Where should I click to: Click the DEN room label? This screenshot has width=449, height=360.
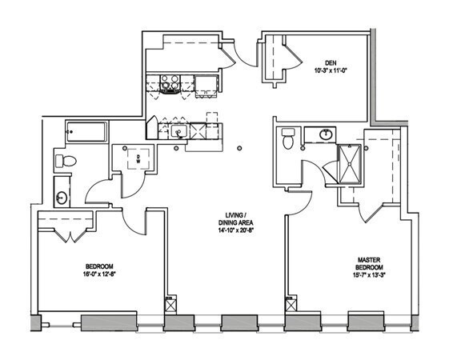pos(331,62)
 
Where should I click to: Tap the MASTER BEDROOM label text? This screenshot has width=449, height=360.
pos(369,264)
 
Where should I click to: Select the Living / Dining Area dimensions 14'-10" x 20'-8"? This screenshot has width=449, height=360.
pos(235,230)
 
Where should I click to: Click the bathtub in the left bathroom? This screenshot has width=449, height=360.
pos(86,132)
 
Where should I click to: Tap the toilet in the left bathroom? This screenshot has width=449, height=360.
pos(66,161)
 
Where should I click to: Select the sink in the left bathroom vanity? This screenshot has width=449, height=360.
pos(62,198)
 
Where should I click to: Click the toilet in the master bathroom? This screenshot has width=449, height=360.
pos(288,138)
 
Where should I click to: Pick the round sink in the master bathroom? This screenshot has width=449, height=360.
pos(326,134)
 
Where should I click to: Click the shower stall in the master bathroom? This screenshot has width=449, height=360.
pos(349,164)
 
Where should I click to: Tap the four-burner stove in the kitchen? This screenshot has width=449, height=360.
pos(170,84)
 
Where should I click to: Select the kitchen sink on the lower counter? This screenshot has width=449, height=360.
pos(179,132)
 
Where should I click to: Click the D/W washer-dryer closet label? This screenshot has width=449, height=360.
pos(138,159)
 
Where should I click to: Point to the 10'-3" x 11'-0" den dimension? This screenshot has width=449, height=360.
pos(331,70)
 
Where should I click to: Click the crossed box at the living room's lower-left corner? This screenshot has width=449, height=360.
pos(171,306)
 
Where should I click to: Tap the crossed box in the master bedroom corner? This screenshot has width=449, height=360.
pos(291,306)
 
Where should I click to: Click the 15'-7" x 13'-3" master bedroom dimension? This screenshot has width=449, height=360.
pos(369,275)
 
